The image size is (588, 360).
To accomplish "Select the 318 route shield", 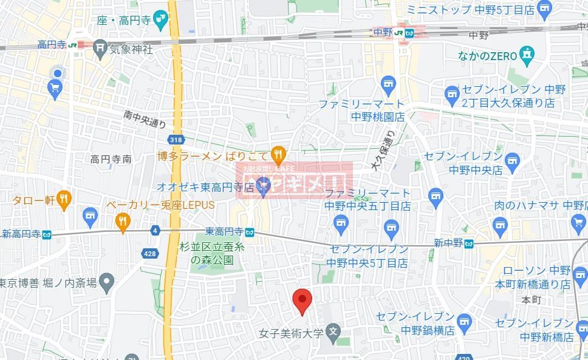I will [176, 140].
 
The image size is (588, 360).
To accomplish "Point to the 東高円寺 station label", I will [224, 231].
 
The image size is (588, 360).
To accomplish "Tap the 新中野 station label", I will [448, 243].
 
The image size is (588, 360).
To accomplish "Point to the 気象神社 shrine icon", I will [101, 49].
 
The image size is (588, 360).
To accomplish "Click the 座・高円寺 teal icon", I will [161, 18].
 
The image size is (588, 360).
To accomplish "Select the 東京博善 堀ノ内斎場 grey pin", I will [107, 282].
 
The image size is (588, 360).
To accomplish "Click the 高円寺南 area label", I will [111, 160].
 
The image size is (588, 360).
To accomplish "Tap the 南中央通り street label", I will [145, 118].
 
